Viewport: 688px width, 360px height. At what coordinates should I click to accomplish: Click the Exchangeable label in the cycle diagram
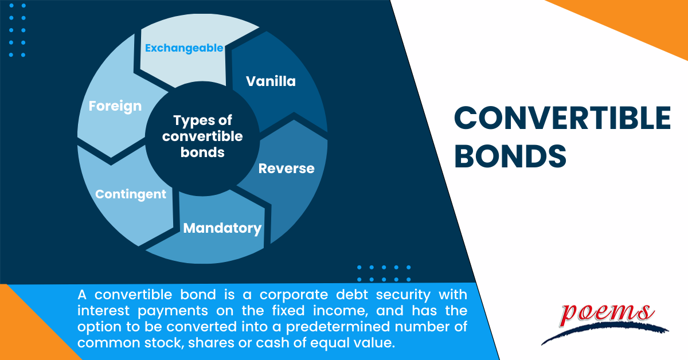coord(183,48)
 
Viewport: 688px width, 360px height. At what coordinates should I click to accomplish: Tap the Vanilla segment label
coord(271,81)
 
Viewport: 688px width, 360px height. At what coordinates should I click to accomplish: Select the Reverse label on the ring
coord(286,169)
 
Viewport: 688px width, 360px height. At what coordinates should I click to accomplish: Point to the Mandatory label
coord(222,228)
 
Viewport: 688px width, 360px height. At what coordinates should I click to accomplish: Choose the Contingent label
coord(131,194)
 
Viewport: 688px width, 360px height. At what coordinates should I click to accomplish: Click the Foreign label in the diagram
coord(115,107)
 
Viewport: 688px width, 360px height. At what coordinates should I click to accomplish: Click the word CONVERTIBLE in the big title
coord(562,119)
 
